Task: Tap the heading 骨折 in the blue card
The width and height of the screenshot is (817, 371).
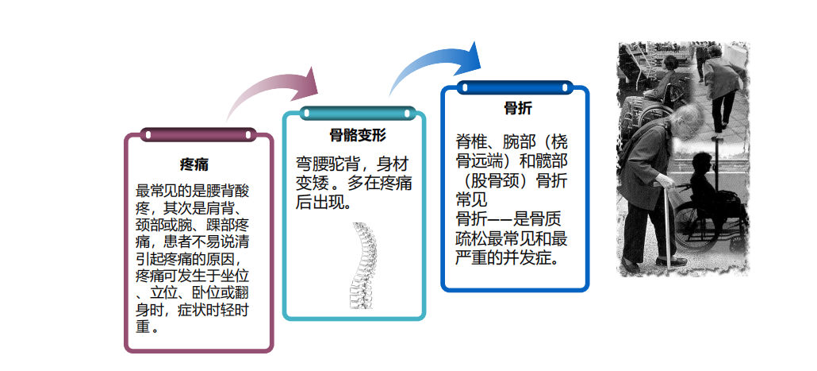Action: pyautogui.click(x=518, y=109)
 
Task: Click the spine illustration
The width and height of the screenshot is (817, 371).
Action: pyautogui.click(x=361, y=266)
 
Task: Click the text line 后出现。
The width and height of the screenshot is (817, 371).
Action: pyautogui.click(x=324, y=202)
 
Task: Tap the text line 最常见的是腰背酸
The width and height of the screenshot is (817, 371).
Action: pyautogui.click(x=192, y=191)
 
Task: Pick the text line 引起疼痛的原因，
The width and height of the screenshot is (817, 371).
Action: pyautogui.click(x=192, y=259)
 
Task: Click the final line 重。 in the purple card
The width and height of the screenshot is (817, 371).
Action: pyautogui.click(x=148, y=327)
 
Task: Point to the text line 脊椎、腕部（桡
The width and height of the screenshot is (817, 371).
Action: pyautogui.click(x=512, y=141)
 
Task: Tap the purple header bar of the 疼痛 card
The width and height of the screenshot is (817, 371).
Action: pyautogui.click(x=198, y=135)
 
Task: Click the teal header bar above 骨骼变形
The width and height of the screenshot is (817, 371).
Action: pyautogui.click(x=358, y=114)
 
